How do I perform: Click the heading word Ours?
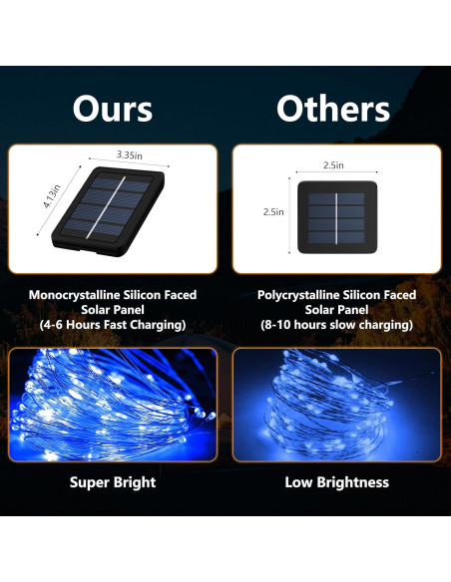point(113,109)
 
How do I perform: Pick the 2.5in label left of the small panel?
point(273,211)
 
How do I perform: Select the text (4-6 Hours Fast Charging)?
point(113,326)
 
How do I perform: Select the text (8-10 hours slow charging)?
point(336,326)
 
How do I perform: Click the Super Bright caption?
point(113,482)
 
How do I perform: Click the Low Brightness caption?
point(336,482)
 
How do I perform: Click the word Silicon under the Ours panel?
point(148,295)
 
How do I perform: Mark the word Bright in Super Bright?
point(135,482)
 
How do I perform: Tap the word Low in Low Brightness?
point(298,482)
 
